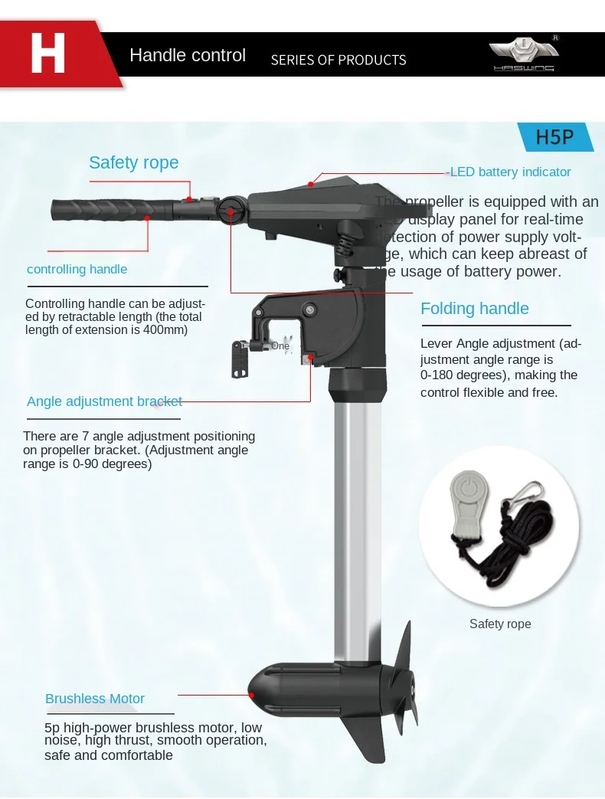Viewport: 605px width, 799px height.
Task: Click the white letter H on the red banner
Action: point(47,54)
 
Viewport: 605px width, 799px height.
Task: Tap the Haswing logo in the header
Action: point(525,54)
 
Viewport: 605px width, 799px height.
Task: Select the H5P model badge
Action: point(554,137)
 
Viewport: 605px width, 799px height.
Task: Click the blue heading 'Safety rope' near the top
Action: point(133,162)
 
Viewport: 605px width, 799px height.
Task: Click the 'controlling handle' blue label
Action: point(77,269)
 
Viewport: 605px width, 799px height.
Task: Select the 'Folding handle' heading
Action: point(474,309)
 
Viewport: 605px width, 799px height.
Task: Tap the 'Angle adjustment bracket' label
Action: point(104,401)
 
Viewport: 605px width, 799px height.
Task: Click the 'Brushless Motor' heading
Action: point(94,699)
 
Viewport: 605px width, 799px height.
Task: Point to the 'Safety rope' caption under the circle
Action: point(500,624)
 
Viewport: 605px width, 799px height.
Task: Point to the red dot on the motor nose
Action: point(252,694)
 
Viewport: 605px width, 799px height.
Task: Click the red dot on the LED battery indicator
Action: point(311,184)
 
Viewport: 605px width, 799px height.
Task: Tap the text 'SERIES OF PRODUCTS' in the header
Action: point(338,60)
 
